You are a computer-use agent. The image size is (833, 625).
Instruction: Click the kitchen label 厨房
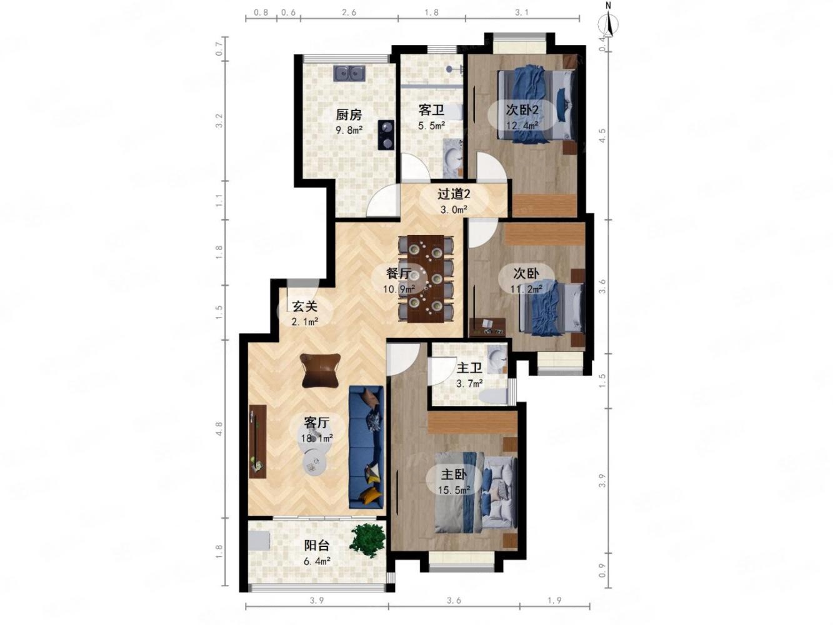coord(348,114)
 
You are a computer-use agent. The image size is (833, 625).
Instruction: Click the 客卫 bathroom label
coord(431,111)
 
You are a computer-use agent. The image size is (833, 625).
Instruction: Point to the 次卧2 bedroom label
coord(522,110)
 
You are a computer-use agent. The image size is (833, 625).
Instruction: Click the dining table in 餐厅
coord(426,279)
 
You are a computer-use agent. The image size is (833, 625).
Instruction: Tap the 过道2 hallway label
coord(454,194)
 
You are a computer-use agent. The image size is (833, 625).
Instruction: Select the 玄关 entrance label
coord(305,306)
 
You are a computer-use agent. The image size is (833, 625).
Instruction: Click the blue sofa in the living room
coord(366,447)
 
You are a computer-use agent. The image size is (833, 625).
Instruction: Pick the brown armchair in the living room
coord(320,371)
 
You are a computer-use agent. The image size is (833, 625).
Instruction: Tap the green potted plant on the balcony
coord(367,540)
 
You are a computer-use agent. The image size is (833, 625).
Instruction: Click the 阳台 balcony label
coord(317,546)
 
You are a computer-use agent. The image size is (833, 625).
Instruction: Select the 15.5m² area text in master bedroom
coord(454,490)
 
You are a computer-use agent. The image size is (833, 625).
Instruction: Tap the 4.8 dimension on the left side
coord(219,429)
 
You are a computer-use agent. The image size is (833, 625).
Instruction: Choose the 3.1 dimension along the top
coord(522,12)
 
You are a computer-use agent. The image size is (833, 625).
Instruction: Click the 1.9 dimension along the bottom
coord(554,601)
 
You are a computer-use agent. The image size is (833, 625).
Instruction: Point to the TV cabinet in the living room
coord(257,441)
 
